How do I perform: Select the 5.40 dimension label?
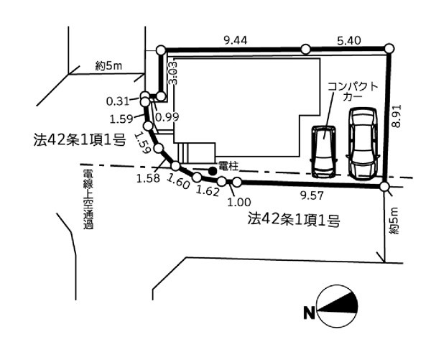tap(348, 42)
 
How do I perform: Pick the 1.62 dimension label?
tap(208, 193)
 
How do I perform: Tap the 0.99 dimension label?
tap(166, 116)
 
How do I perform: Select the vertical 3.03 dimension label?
tap(172, 74)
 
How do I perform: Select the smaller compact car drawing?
tap(324, 151)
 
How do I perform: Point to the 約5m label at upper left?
tap(109, 65)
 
